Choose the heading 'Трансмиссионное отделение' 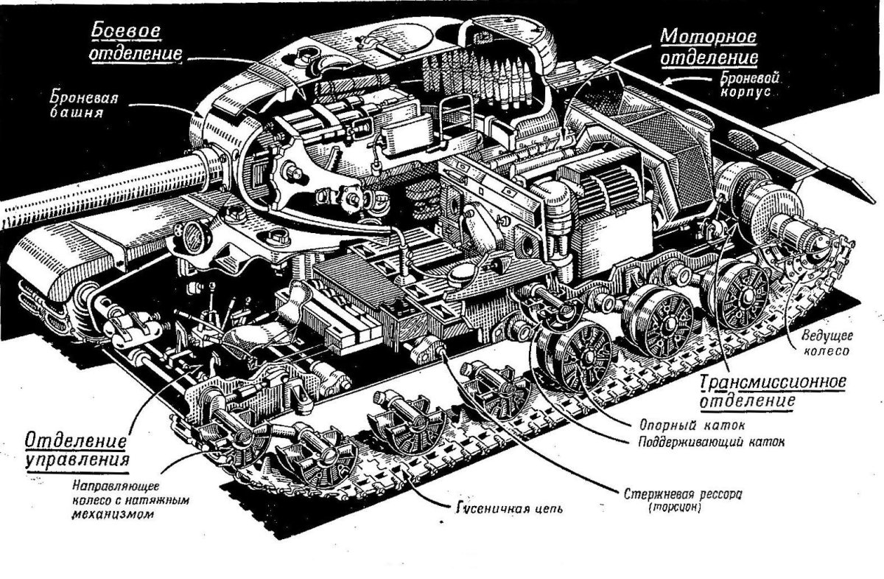pyautogui.click(x=770, y=392)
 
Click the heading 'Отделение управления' pyautogui.click(x=77, y=451)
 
